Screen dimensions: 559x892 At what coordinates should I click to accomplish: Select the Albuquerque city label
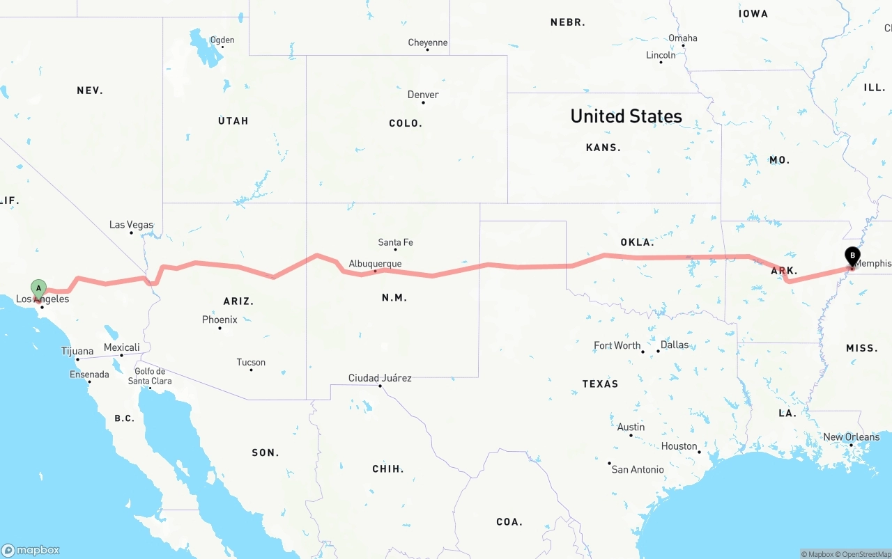coord(375,264)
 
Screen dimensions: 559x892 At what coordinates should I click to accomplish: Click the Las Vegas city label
coord(131,225)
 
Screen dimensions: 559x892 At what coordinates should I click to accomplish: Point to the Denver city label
coord(423,95)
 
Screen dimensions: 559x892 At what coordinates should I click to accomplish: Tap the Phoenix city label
coord(220,320)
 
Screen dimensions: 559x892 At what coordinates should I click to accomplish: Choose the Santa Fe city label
coord(395,242)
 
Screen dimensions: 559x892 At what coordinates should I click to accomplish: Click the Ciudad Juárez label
coord(380,378)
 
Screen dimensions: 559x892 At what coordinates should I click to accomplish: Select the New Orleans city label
coord(851,437)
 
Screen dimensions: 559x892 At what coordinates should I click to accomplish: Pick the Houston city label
coord(679,446)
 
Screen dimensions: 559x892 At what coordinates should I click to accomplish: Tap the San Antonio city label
coord(638,469)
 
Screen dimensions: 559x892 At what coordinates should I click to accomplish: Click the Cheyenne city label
coord(427,42)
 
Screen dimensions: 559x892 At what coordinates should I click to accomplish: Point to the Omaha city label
coord(682,38)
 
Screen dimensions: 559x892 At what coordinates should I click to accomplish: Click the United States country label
coord(626,116)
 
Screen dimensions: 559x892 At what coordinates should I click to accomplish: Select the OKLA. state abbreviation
coord(637,242)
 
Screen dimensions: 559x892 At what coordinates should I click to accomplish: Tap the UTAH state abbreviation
coord(233,121)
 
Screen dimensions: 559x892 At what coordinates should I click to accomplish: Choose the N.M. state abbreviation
coord(394,298)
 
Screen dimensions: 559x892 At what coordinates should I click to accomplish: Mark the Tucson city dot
coord(251,370)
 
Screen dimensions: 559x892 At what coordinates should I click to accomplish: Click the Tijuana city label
coord(77,352)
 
